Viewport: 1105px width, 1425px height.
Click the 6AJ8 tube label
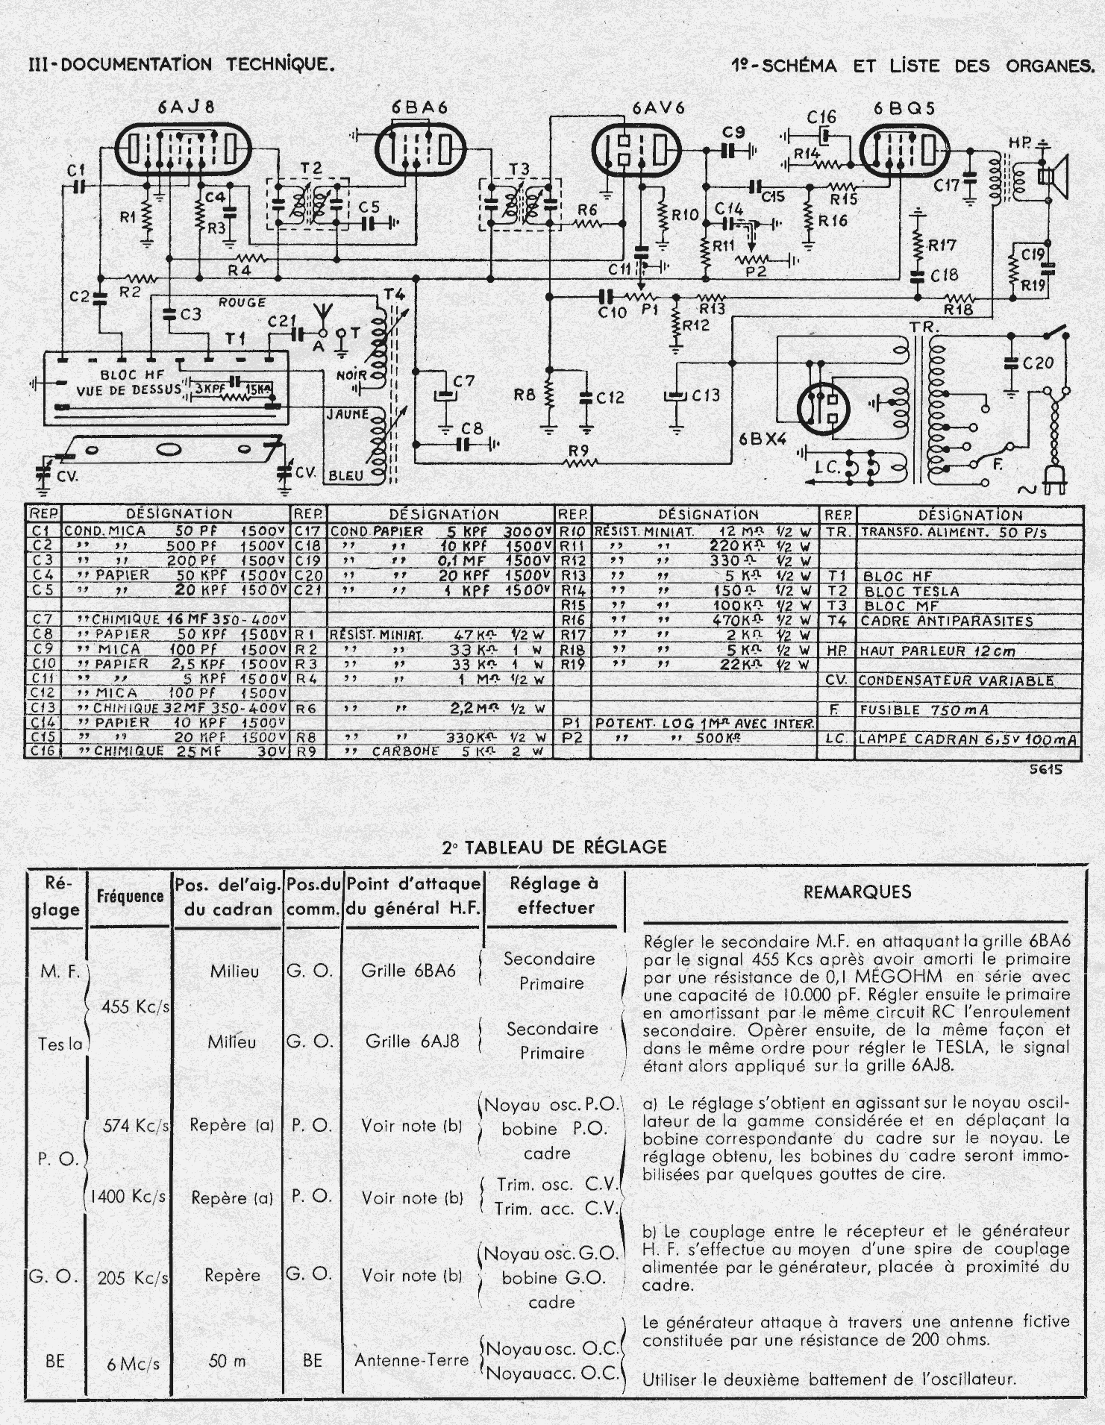[x=186, y=107]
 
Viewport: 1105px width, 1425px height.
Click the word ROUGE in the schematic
[x=242, y=302]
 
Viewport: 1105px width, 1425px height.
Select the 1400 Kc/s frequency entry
[x=129, y=1197]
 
